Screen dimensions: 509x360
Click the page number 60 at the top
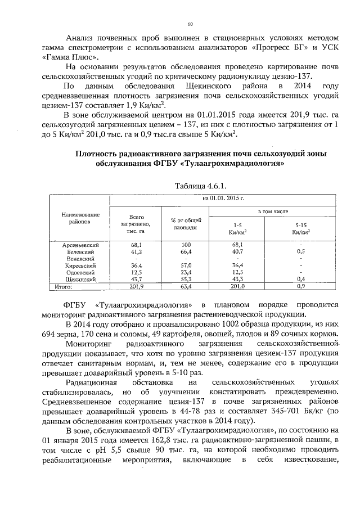[190, 24]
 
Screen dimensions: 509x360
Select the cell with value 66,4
[186, 252]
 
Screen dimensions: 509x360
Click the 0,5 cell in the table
[301, 252]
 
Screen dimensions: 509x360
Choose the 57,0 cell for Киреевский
[186, 265]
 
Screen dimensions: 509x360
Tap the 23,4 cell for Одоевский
[186, 272]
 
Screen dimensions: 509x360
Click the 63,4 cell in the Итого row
[186, 286]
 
